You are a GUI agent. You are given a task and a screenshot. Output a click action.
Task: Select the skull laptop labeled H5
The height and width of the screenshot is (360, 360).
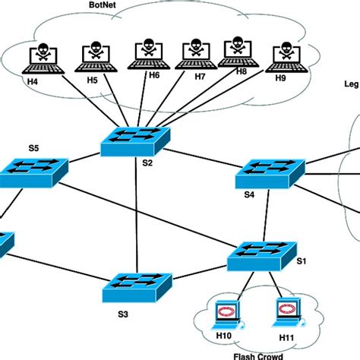click(93, 55)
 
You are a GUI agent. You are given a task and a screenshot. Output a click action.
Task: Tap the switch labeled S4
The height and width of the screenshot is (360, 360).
click(269, 174)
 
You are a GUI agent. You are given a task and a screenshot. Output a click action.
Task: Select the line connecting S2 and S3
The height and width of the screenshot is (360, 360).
click(135, 213)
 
